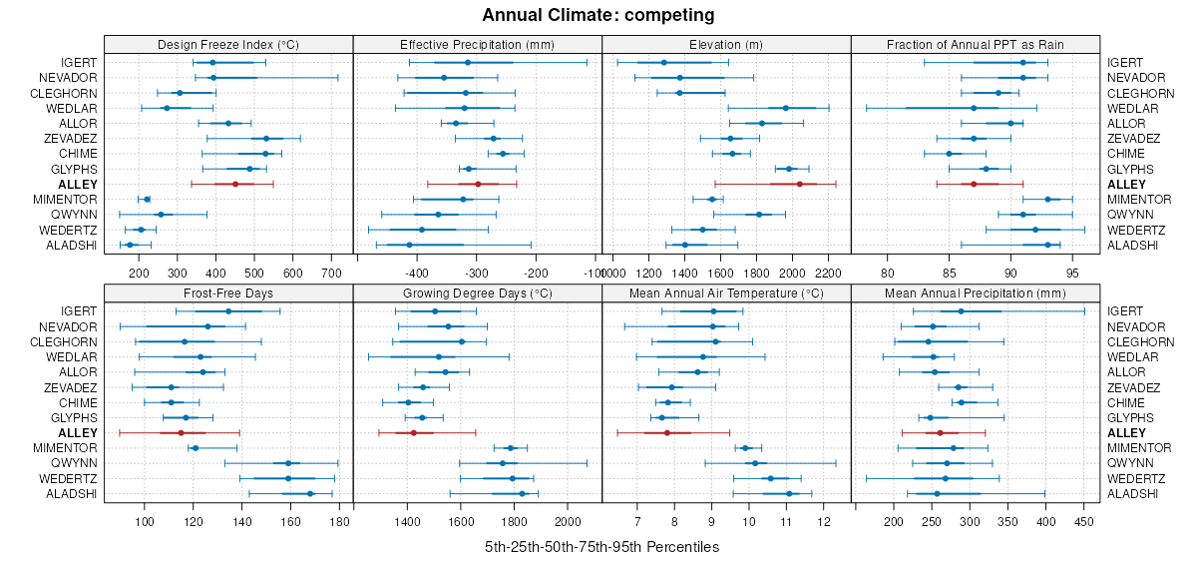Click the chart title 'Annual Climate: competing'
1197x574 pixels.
[598, 15]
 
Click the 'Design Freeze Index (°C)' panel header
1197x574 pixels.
[228, 45]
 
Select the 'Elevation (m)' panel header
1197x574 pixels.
[726, 45]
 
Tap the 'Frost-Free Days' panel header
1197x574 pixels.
[228, 294]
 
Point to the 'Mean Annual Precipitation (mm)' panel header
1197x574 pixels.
[976, 294]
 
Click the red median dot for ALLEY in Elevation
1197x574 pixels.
[800, 184]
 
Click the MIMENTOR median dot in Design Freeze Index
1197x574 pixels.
[148, 200]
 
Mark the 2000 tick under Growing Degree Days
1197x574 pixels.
[568, 521]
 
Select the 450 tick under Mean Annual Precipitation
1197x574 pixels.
[1083, 521]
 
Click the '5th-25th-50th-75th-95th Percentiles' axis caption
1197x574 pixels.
[601, 548]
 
